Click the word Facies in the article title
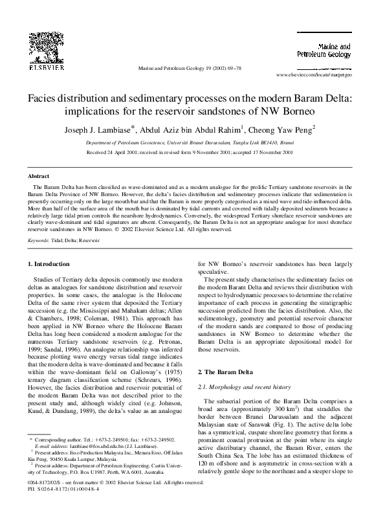(x=41, y=98)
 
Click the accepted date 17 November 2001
(x=272, y=152)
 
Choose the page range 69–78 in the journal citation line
(x=233, y=67)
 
